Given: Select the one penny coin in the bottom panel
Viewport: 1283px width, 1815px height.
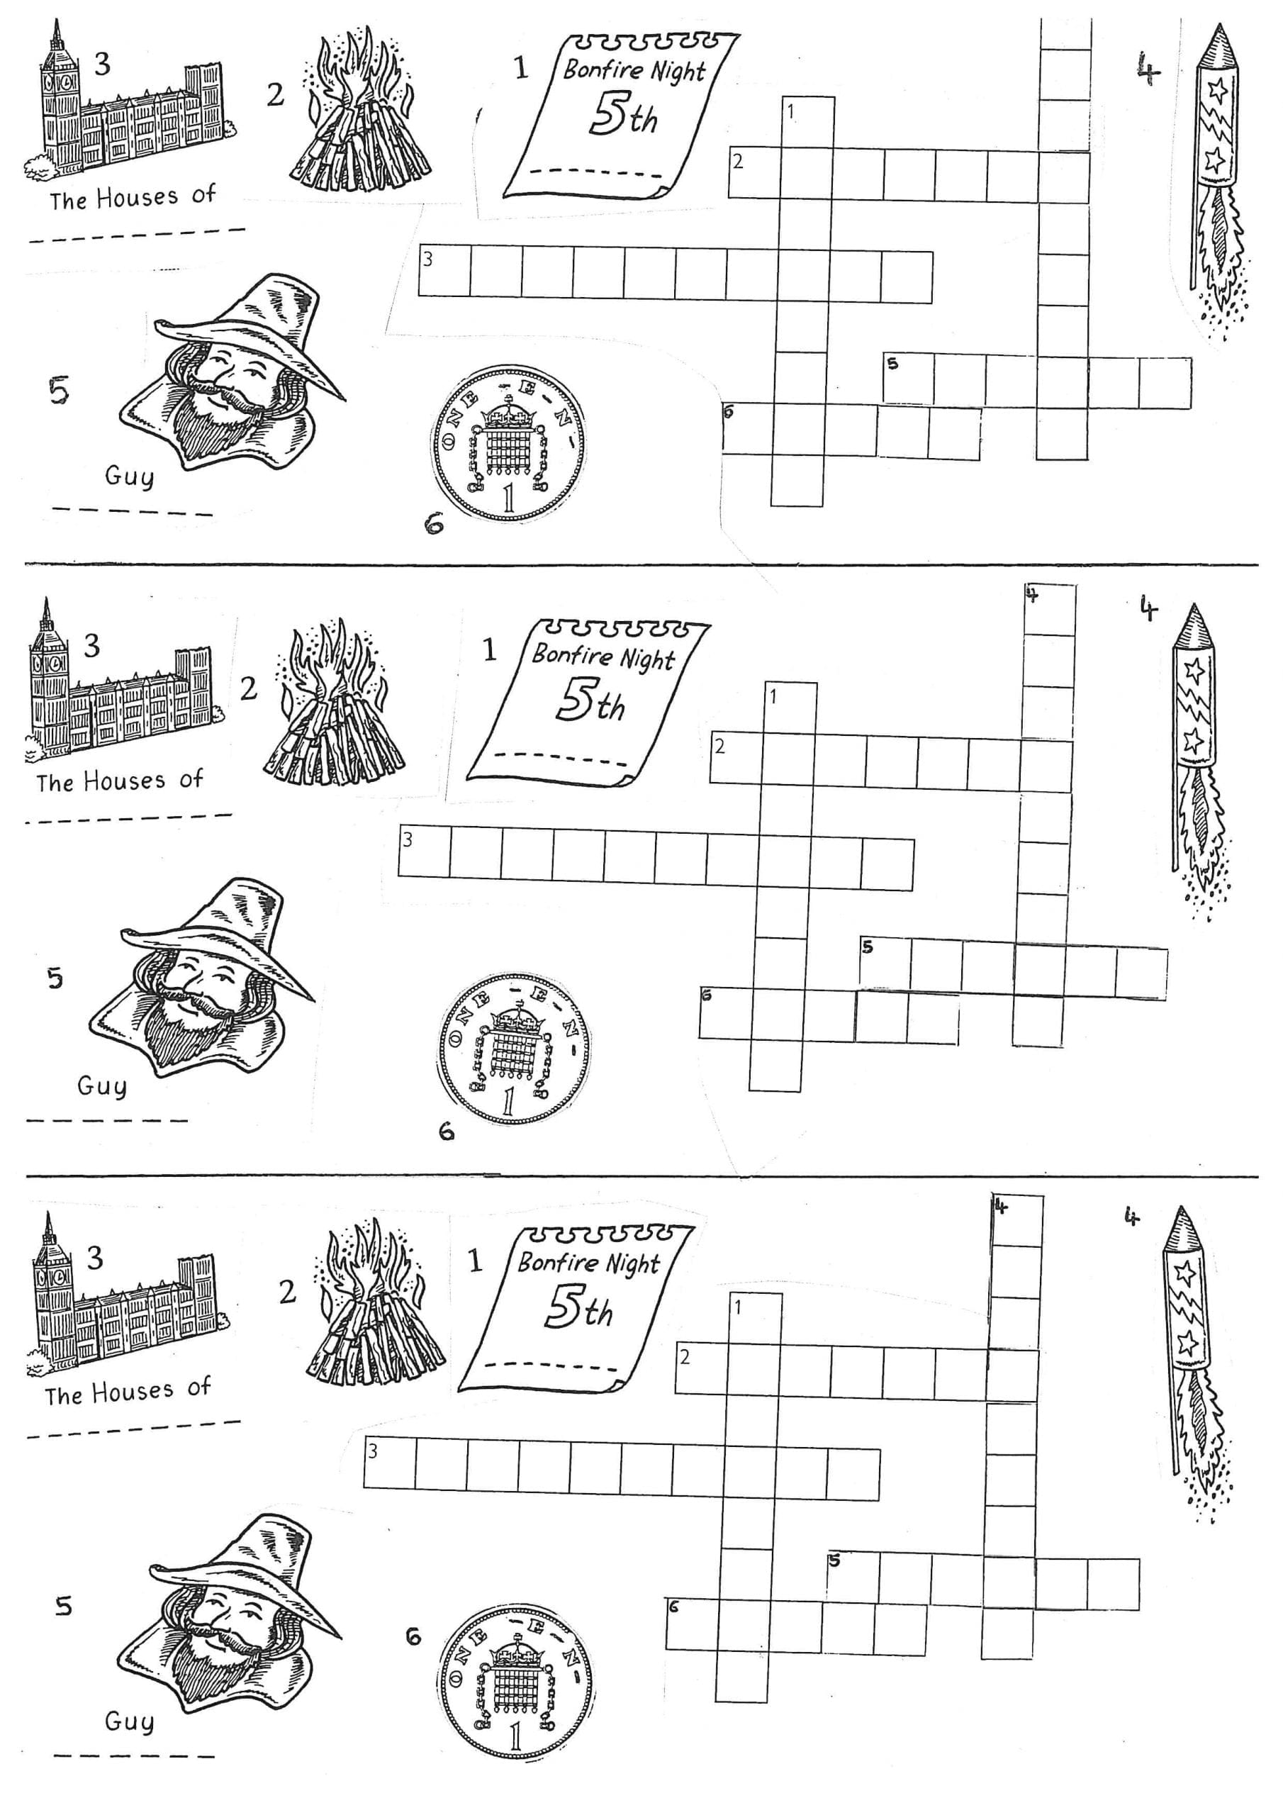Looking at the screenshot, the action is tap(515, 1672).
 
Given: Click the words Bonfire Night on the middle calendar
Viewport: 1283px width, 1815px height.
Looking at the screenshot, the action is tap(603, 655).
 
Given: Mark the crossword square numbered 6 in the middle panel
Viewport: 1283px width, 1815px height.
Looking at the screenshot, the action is tap(725, 1012).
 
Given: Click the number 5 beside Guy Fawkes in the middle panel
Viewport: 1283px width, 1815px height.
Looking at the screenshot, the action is tap(55, 978).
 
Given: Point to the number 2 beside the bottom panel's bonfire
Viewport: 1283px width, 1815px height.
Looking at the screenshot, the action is tap(288, 1292).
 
